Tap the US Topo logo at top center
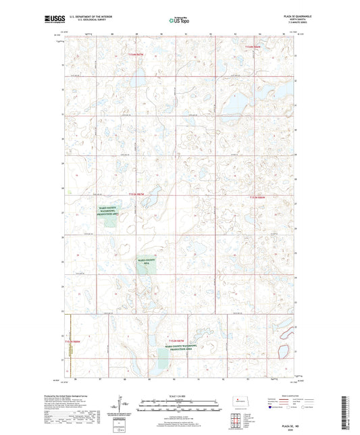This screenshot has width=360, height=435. pos(180,21)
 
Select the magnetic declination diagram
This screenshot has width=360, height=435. pos(122,405)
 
